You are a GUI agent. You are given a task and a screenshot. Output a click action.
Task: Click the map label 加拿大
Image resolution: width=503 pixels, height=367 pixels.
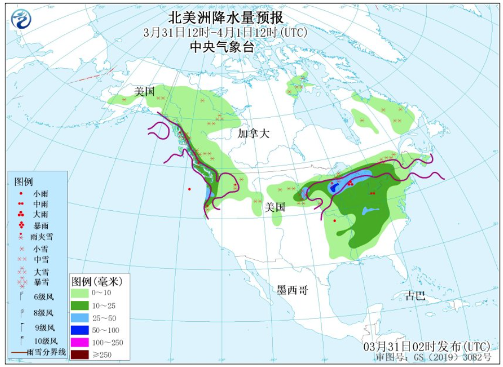pos(254,133)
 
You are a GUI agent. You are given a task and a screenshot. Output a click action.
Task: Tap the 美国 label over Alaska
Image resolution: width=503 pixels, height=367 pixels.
pos(144,92)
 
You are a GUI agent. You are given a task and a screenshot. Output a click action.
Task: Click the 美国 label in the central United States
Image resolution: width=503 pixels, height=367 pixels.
pos(275,207)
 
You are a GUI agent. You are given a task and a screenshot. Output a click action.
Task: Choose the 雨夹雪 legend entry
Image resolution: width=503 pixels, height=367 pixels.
pos(41,237)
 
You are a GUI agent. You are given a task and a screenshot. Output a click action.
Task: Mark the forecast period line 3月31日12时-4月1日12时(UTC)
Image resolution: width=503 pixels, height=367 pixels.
pos(226,32)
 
